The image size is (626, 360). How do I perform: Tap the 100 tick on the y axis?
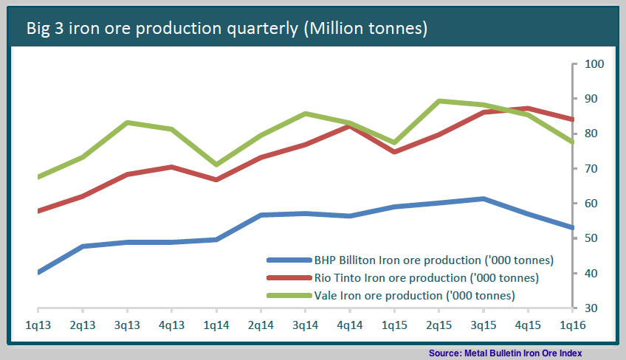(595, 63)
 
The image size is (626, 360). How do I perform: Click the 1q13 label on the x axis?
(38, 325)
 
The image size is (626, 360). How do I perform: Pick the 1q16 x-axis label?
(573, 325)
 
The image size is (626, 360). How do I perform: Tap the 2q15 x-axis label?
(438, 325)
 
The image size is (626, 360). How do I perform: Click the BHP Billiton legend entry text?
(434, 260)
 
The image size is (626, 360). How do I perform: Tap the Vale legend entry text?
(414, 295)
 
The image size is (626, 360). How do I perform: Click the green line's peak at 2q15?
(439, 100)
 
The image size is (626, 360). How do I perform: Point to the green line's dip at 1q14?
(216, 165)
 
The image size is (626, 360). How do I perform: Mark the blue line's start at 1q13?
(38, 272)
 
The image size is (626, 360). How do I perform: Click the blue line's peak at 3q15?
(483, 198)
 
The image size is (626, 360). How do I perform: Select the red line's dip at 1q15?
(394, 152)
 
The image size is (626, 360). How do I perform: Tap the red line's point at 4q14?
(350, 126)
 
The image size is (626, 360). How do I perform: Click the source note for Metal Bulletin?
(506, 353)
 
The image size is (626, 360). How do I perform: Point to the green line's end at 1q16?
(572, 142)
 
